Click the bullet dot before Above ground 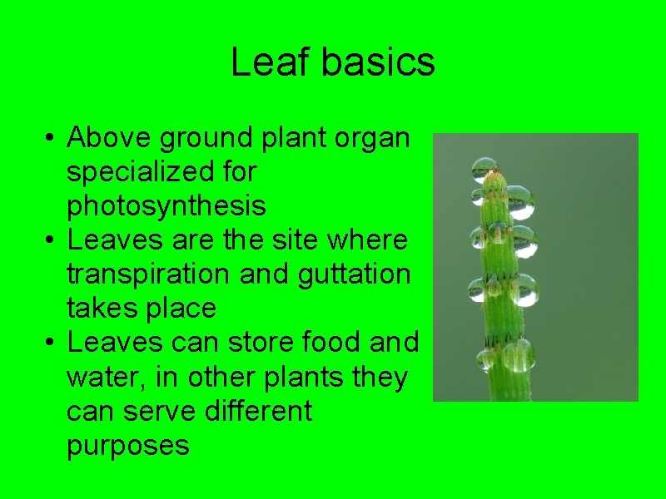pyautogui.click(x=52, y=138)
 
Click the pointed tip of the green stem pyautogui.click(x=495, y=170)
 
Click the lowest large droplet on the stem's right pyautogui.click(x=518, y=355)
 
